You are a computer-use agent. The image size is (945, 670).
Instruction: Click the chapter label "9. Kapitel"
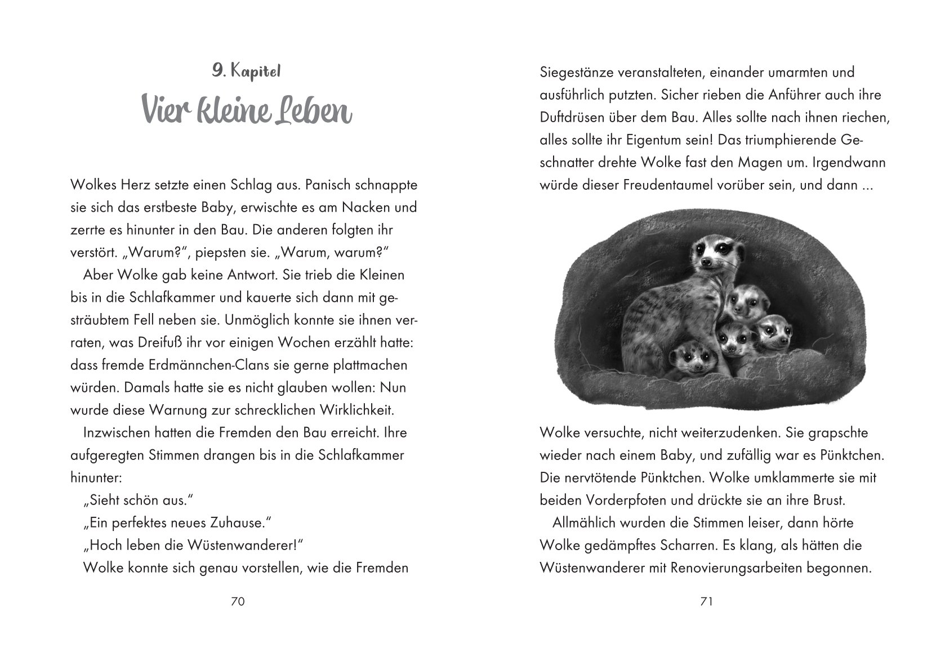click(x=246, y=72)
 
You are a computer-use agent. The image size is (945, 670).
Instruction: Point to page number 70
click(x=238, y=601)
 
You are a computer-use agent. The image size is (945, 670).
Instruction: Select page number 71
click(x=706, y=601)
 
